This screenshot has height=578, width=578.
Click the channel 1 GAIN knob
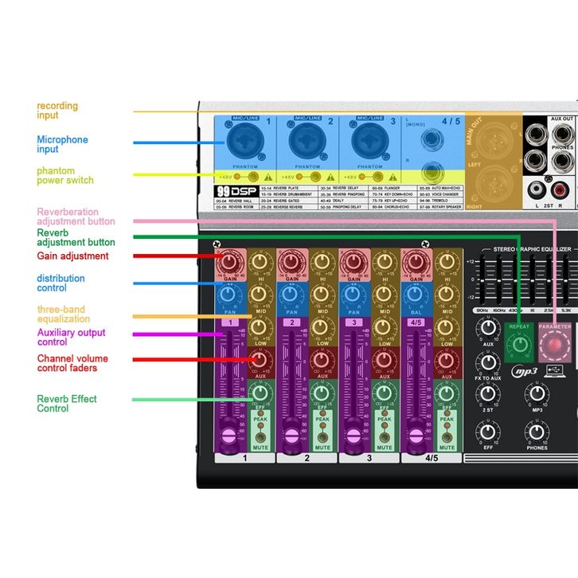230,262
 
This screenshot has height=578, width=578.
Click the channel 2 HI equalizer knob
321,262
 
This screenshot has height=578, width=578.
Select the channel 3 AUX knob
383,360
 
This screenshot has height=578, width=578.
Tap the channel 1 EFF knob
259,392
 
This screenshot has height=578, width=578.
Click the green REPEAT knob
519,343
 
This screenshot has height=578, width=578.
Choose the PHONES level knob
537,432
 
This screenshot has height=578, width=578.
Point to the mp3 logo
525,373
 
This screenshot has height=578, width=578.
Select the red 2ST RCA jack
560,190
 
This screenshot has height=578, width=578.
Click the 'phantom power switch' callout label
65,175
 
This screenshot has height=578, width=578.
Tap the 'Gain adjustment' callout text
72,256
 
